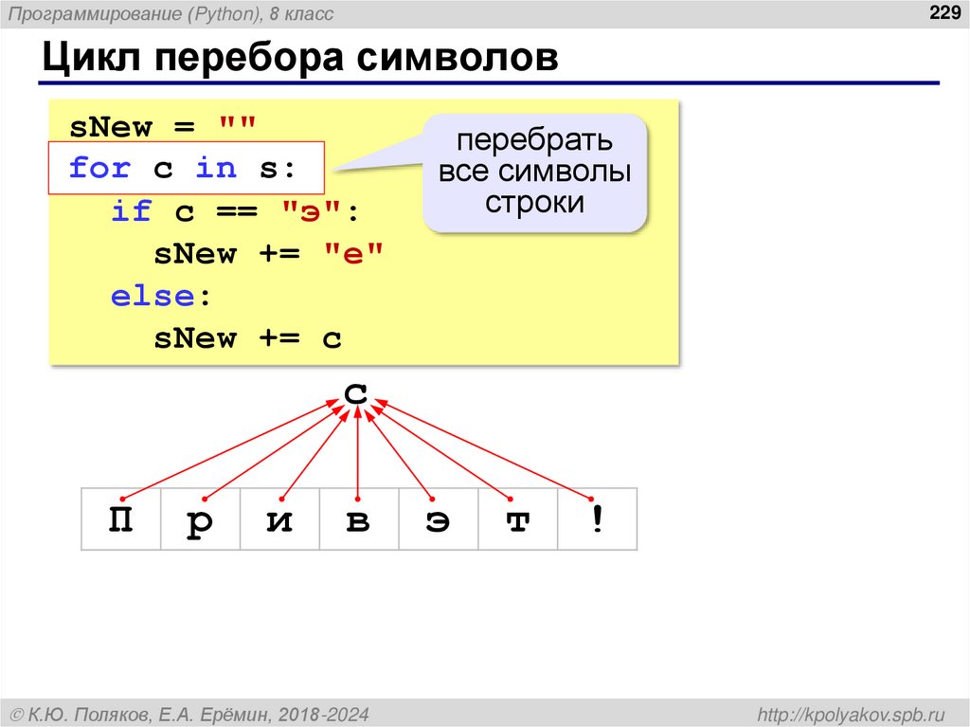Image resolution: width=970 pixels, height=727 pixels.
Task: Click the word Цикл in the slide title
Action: click(x=91, y=59)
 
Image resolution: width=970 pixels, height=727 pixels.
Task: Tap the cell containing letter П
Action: click(x=120, y=519)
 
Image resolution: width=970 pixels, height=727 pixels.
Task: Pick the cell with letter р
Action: click(x=200, y=519)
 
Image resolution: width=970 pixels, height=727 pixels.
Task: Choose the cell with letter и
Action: click(x=279, y=519)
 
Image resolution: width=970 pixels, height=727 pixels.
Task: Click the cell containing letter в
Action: click(x=358, y=519)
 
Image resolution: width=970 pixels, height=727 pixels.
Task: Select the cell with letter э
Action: click(x=438, y=519)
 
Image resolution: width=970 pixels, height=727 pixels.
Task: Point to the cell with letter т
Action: click(x=517, y=519)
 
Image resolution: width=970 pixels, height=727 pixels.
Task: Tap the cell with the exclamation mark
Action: click(x=597, y=519)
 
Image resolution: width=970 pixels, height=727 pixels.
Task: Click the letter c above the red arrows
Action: click(x=355, y=391)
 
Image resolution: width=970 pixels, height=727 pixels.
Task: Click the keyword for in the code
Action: click(x=99, y=169)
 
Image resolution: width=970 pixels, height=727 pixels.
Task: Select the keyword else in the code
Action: click(x=153, y=296)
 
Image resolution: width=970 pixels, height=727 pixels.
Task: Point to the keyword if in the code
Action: click(x=132, y=211)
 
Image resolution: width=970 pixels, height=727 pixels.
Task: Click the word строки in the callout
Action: click(x=534, y=203)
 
